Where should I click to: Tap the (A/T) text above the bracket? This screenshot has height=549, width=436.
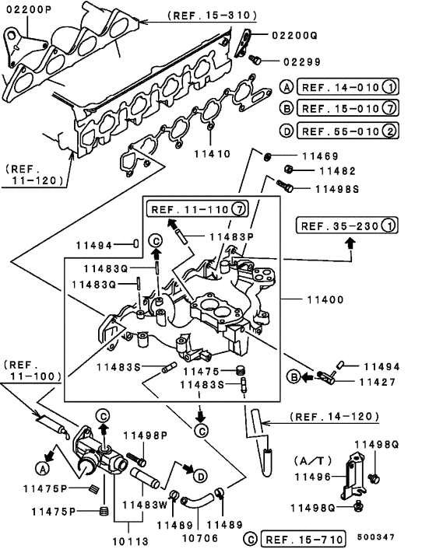pos(311,458)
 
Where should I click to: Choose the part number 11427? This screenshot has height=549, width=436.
pos(376,382)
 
